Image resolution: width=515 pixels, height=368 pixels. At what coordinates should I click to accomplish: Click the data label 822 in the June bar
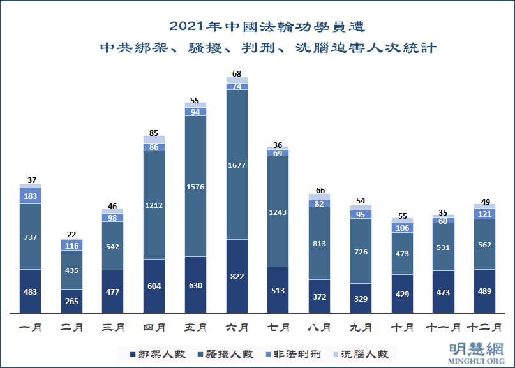coord(237,277)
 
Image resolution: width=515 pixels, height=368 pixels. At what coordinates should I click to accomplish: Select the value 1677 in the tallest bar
coord(237,165)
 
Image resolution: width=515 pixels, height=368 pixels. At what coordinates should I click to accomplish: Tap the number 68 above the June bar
coord(237,74)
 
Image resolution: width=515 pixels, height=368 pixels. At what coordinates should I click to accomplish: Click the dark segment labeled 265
coord(72,301)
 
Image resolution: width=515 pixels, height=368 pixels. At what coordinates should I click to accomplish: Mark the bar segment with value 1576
coord(196,187)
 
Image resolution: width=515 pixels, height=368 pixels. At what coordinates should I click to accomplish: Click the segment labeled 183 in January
coord(31,195)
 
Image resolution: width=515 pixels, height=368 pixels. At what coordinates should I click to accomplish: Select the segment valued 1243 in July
coord(278,211)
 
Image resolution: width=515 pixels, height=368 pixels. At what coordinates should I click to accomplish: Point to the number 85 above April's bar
coord(154,133)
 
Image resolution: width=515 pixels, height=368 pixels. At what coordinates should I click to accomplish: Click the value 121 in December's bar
coord(484,214)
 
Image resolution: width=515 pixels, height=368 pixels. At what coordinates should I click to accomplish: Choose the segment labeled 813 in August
coord(319,244)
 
